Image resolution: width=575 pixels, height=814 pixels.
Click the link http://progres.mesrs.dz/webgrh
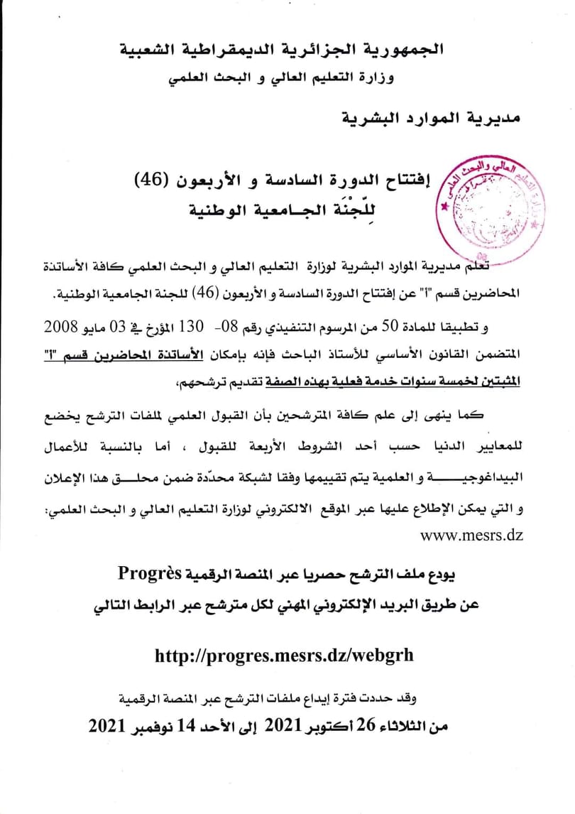(284, 656)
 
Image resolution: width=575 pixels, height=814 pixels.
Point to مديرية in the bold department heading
(493, 116)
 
